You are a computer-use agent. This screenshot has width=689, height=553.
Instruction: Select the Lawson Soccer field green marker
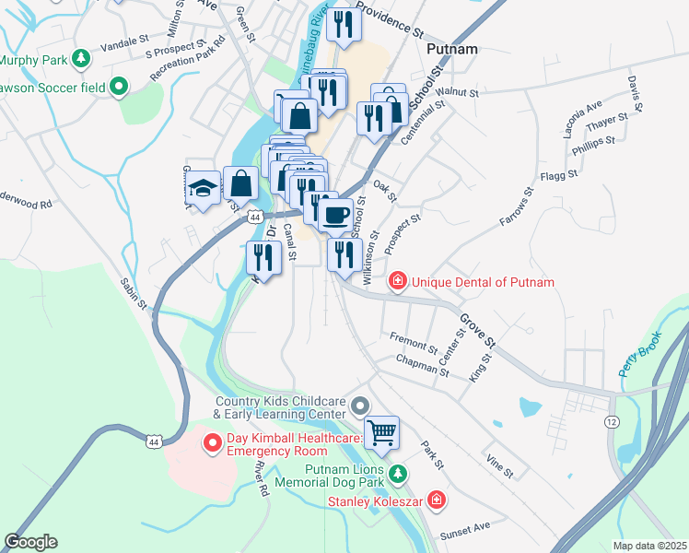pyautogui.click(x=118, y=88)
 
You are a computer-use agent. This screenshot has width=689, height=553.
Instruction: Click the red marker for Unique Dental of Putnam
pyautogui.click(x=397, y=281)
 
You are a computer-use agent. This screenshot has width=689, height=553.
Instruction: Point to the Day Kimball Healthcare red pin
pyautogui.click(x=211, y=444)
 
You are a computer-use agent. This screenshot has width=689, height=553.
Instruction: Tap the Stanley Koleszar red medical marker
pyautogui.click(x=436, y=502)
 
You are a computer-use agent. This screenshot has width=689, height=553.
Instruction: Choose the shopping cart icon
pyautogui.click(x=382, y=430)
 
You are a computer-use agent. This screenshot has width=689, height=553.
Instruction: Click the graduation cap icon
pyautogui.click(x=203, y=189)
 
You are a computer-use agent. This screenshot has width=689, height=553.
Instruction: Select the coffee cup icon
pyautogui.click(x=335, y=214)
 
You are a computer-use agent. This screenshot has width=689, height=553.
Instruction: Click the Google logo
pyautogui.click(x=30, y=542)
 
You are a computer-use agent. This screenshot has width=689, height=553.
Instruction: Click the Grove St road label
pyautogui.click(x=477, y=330)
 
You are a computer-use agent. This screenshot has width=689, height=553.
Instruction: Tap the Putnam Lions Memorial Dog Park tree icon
pyautogui.click(x=397, y=475)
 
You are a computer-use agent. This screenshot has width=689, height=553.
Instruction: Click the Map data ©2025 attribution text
pyautogui.click(x=649, y=545)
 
